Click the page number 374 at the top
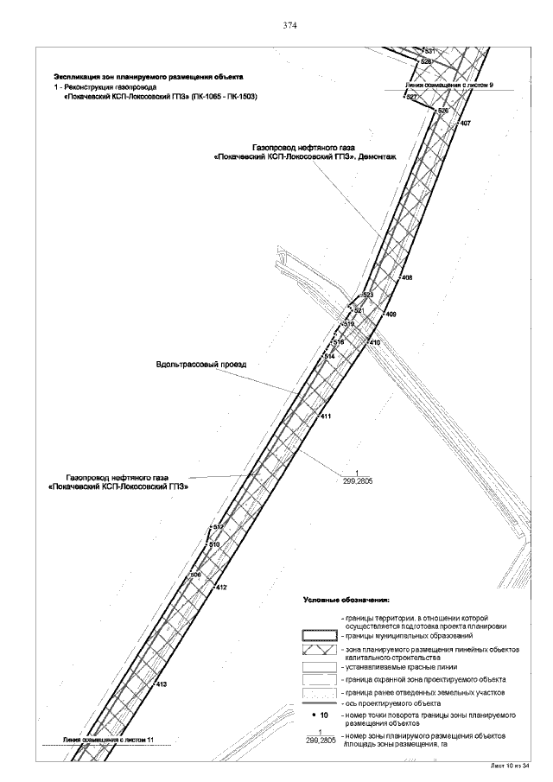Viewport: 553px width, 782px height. [290, 25]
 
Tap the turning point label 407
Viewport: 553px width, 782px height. [466, 124]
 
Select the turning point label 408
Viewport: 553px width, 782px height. [407, 277]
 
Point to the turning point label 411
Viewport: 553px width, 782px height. [326, 416]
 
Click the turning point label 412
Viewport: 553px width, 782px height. [221, 588]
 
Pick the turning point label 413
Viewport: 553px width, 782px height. [160, 684]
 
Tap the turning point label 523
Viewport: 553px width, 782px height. [367, 296]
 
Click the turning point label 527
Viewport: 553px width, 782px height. [412, 97]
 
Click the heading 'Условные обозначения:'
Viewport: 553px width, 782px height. [346, 598]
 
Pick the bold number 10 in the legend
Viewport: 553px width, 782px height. [323, 715]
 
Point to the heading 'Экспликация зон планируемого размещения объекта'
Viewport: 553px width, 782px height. [149, 78]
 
